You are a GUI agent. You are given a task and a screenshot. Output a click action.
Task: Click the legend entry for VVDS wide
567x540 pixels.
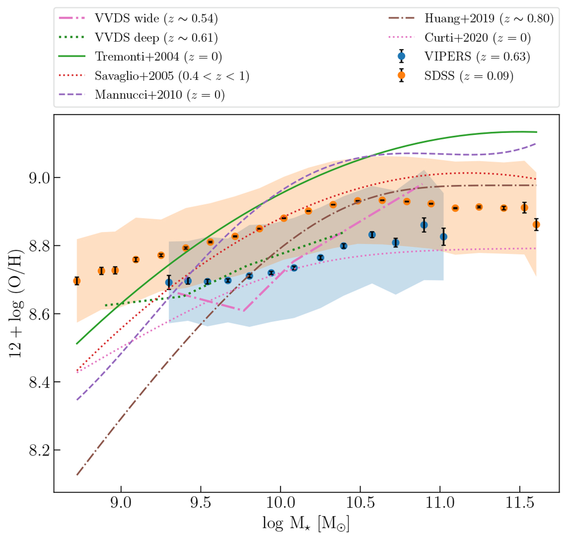(156, 19)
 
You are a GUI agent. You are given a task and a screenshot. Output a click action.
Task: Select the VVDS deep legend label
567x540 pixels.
(156, 38)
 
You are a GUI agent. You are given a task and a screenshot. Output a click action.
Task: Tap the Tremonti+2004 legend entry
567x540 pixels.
(158, 57)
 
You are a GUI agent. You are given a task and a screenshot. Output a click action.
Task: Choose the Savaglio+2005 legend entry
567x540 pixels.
(172, 76)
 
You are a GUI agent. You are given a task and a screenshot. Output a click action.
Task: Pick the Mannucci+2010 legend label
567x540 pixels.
(160, 94)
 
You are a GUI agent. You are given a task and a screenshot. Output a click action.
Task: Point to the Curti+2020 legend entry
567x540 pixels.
(478, 38)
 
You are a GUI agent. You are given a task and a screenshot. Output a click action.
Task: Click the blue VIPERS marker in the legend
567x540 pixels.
(402, 57)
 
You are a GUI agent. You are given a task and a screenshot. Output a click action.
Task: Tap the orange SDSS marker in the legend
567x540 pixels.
(402, 76)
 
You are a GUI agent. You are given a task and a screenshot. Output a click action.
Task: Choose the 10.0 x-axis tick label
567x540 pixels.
(280, 503)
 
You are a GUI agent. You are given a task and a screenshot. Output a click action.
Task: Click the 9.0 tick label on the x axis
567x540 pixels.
(121, 503)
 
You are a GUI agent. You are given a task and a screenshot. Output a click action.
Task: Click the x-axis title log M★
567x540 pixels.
(306, 523)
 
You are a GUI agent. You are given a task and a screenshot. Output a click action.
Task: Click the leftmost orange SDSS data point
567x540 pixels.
(77, 281)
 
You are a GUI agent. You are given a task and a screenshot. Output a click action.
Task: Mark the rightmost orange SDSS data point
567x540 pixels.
(536, 225)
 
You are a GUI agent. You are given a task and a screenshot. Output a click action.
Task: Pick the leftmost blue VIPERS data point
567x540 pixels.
(169, 283)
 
